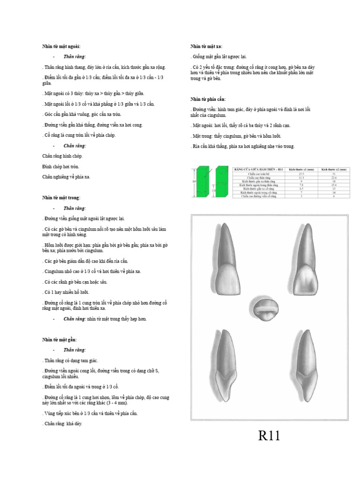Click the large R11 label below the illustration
[269, 436]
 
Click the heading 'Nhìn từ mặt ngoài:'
[61, 46]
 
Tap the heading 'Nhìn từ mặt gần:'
[60, 339]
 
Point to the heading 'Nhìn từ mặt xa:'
[206, 46]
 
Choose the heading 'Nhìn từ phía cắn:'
[208, 99]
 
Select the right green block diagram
[222, 181]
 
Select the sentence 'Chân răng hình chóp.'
[62, 156]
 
